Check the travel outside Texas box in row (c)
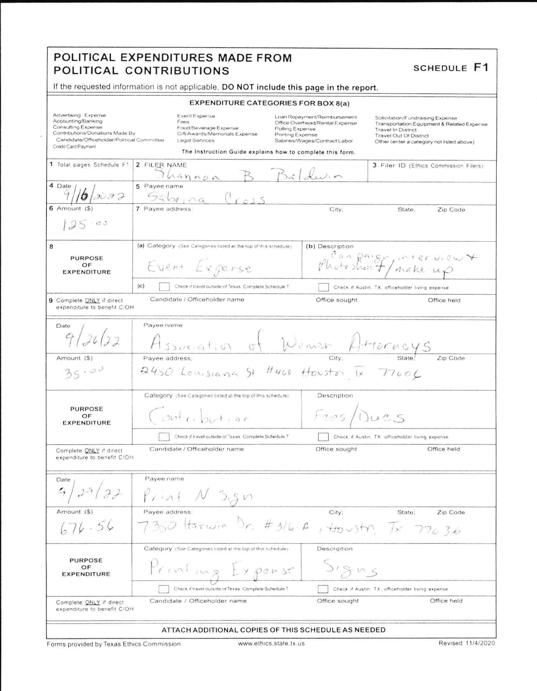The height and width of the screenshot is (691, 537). click(164, 287)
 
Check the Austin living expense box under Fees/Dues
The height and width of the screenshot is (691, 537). click(323, 436)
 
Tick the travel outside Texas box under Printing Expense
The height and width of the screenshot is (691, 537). click(164, 589)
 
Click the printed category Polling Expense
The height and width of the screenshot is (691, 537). click(295, 129)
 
